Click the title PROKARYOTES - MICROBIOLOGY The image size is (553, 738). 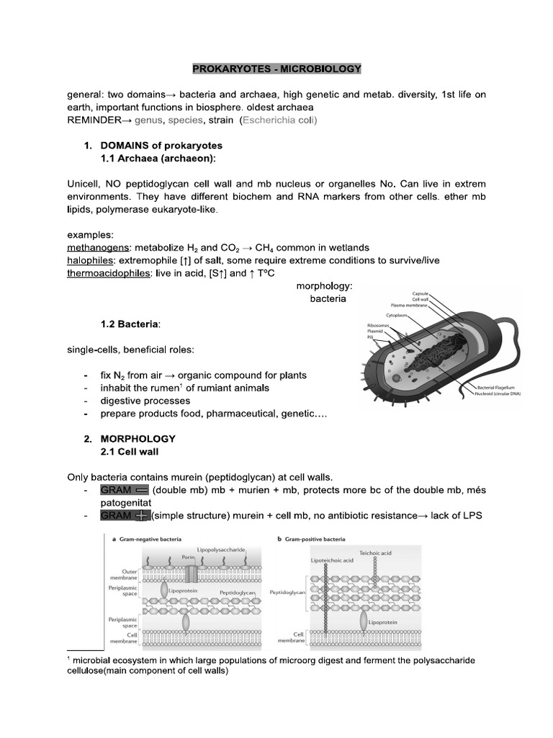click(276, 69)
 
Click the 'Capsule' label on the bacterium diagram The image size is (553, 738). click(421, 293)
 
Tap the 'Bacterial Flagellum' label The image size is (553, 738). click(492, 388)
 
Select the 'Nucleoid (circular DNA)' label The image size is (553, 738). click(497, 394)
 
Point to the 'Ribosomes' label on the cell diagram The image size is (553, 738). click(379, 325)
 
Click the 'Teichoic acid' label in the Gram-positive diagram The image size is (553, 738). click(375, 552)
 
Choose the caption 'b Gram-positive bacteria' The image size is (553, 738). click(315, 538)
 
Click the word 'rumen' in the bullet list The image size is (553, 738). click(160, 388)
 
